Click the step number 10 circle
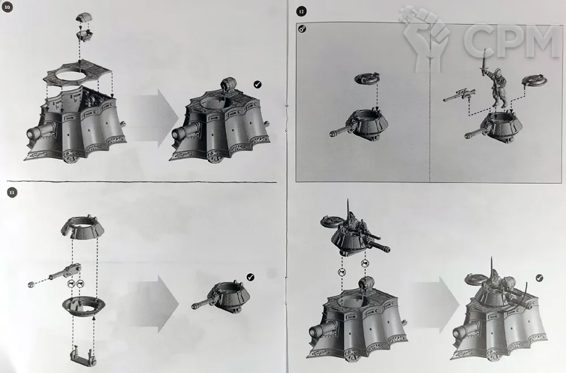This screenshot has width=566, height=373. pyautogui.click(x=7, y=7)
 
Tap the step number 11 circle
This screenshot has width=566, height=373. pyautogui.click(x=12, y=193)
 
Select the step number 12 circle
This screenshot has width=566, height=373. pyautogui.click(x=301, y=12)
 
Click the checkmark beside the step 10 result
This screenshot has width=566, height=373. pyautogui.click(x=258, y=84)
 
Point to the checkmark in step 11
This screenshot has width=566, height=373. pyautogui.click(x=251, y=277)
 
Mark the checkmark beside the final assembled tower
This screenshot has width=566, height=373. pyautogui.click(x=539, y=277)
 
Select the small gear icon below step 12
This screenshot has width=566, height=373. pyautogui.click(x=302, y=28)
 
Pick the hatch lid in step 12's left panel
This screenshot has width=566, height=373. pyautogui.click(x=367, y=78)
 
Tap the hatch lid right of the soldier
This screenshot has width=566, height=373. pyautogui.click(x=535, y=80)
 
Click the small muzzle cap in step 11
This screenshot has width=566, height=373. pyautogui.click(x=31, y=284)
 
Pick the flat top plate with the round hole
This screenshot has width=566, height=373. pyautogui.click(x=80, y=74)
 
